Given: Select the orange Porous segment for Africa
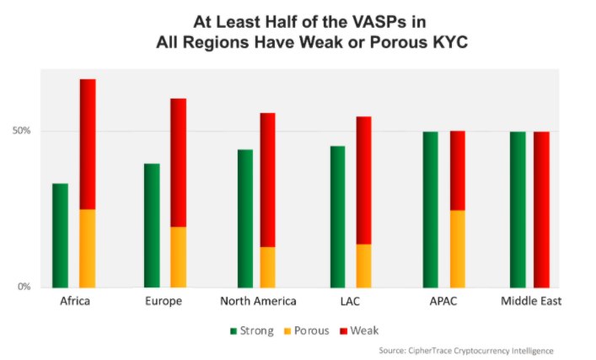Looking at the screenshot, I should [x=88, y=248].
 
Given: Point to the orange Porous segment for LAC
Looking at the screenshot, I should [x=363, y=266].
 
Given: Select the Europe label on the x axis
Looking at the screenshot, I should [x=164, y=301].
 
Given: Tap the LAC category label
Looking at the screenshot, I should [x=349, y=301].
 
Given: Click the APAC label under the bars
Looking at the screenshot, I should [x=443, y=301].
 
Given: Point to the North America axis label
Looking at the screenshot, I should [x=258, y=301].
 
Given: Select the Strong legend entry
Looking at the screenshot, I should [x=252, y=330].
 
